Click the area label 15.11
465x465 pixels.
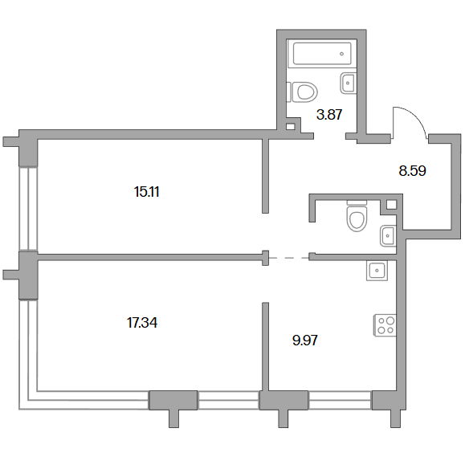coord(146,192)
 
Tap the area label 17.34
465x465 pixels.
coord(142,322)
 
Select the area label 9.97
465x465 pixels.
coord(305,341)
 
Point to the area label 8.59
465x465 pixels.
coord(412,171)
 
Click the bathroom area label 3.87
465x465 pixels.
coord(329,115)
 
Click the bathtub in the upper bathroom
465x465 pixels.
coord(322,53)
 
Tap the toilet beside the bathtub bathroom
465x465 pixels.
coord(302,92)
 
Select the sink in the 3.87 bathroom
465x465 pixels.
coord(348,83)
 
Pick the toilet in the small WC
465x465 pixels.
coord(357,216)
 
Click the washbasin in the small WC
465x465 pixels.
coord(388,236)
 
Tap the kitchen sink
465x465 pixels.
coord(377,270)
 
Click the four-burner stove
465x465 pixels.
coord(385,325)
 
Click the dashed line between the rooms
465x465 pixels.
coord(289,258)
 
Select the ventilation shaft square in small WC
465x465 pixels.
coord(391,205)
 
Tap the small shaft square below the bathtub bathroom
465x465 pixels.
coord(291,127)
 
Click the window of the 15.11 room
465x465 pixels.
coord(28,209)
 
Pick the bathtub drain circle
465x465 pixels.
coord(342,54)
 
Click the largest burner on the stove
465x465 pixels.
coord(390,320)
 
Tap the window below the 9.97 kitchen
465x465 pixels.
coord(340,401)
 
